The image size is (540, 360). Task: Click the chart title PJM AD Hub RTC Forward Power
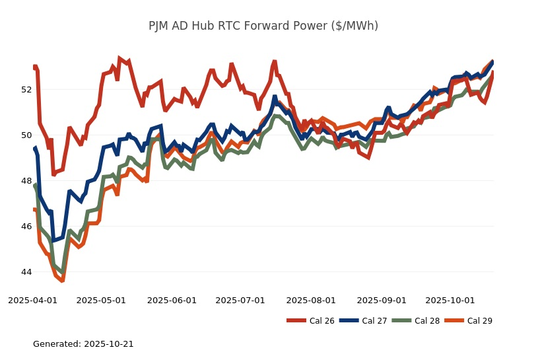pos(263,26)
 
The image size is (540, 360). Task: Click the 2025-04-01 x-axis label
pos(32,301)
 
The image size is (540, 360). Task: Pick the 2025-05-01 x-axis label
pos(101,301)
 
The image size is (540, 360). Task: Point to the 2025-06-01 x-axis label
pos(172,301)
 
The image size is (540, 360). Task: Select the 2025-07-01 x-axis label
pos(240,301)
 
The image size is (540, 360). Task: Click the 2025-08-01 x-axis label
pos(311,301)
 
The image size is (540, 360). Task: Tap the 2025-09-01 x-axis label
pos(382,301)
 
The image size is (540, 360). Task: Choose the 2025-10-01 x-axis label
pos(450,301)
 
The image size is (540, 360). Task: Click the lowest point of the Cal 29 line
pos(62,280)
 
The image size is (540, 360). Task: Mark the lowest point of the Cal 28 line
pos(62,272)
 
